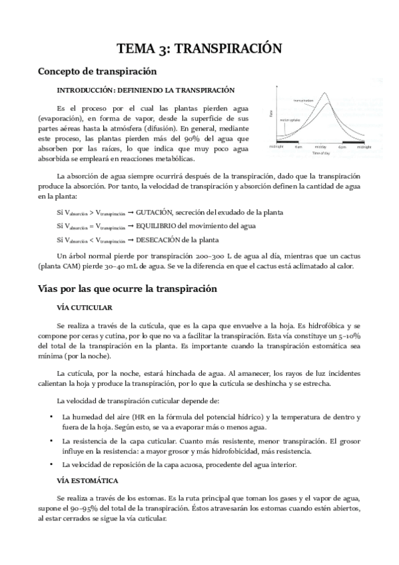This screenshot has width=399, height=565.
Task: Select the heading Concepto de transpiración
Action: pos(97,71)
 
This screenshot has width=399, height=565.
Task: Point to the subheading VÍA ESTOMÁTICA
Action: pos(88,480)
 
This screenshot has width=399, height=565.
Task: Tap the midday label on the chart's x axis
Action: pos(321,147)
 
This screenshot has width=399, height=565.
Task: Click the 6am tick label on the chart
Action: pos(298,147)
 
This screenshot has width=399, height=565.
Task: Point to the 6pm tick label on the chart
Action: pos(342,147)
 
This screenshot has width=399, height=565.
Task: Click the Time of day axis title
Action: pos(320,153)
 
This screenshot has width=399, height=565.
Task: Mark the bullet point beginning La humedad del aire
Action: pos(52,417)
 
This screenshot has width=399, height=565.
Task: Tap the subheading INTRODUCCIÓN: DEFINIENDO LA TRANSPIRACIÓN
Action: pos(145,89)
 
